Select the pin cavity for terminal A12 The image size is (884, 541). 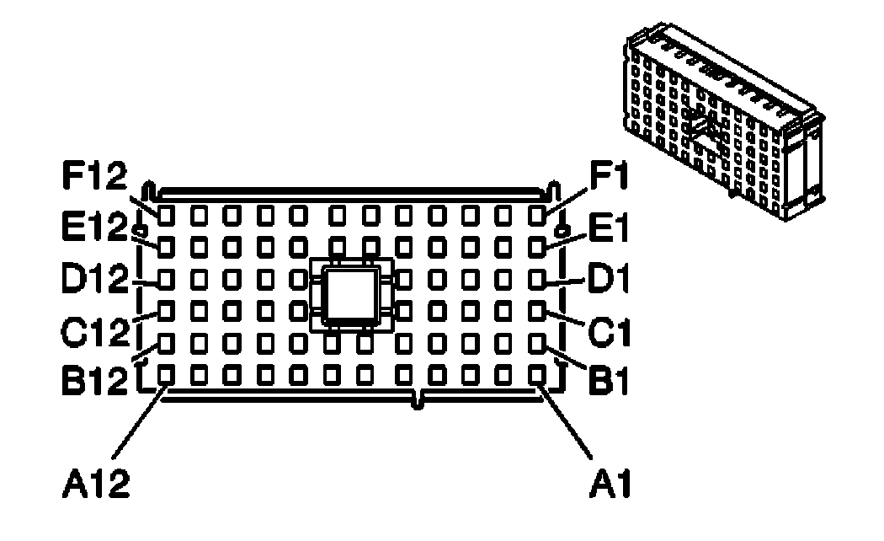pos(166,373)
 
